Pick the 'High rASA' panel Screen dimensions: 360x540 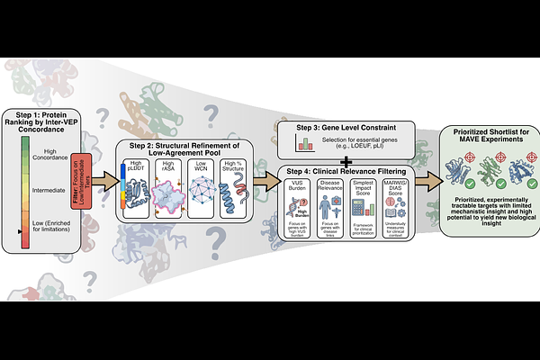tap(169, 188)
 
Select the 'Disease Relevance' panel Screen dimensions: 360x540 tap(330, 208)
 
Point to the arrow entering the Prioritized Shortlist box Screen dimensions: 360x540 tap(431, 180)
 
